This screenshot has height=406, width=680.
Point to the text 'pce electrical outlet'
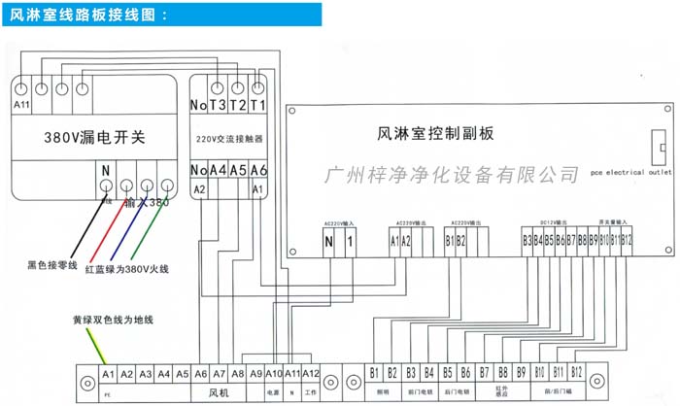pyautogui.click(x=630, y=172)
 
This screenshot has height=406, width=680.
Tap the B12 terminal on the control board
pyautogui.click(x=627, y=239)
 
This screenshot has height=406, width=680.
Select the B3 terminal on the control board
pyautogui.click(x=527, y=239)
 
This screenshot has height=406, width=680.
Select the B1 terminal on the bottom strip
pyautogui.click(x=374, y=373)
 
